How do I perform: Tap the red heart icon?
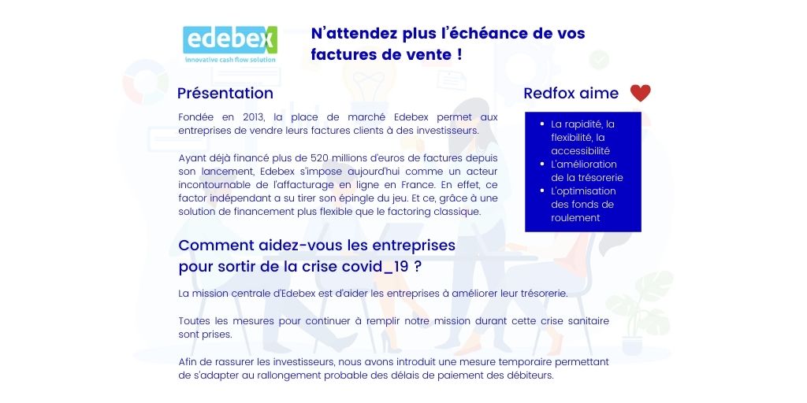point(640,93)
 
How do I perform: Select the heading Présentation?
point(225,93)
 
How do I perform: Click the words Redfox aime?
point(571,93)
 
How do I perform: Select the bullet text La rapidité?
point(582,124)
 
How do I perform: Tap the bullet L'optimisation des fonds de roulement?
point(582,204)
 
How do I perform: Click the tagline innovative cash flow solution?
point(229,59)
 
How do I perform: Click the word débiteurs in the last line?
point(530,375)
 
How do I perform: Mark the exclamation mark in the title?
point(459,55)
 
